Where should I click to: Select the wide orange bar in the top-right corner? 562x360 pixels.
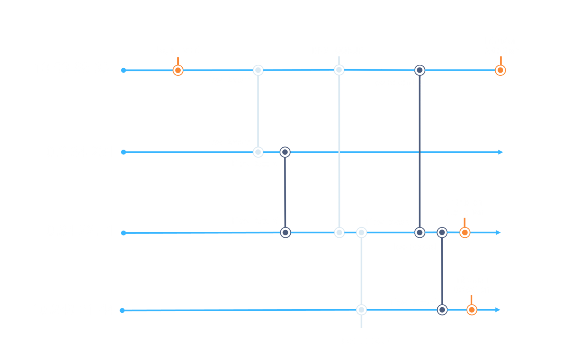point(504,91)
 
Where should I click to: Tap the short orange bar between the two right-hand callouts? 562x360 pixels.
point(465,244)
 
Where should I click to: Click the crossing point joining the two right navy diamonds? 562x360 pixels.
point(420,152)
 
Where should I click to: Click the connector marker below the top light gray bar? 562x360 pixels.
point(258,71)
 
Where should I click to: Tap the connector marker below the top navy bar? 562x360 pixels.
point(420,71)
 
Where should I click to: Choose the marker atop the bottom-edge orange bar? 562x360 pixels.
point(472,309)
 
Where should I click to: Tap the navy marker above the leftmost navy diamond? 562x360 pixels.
point(286,152)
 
